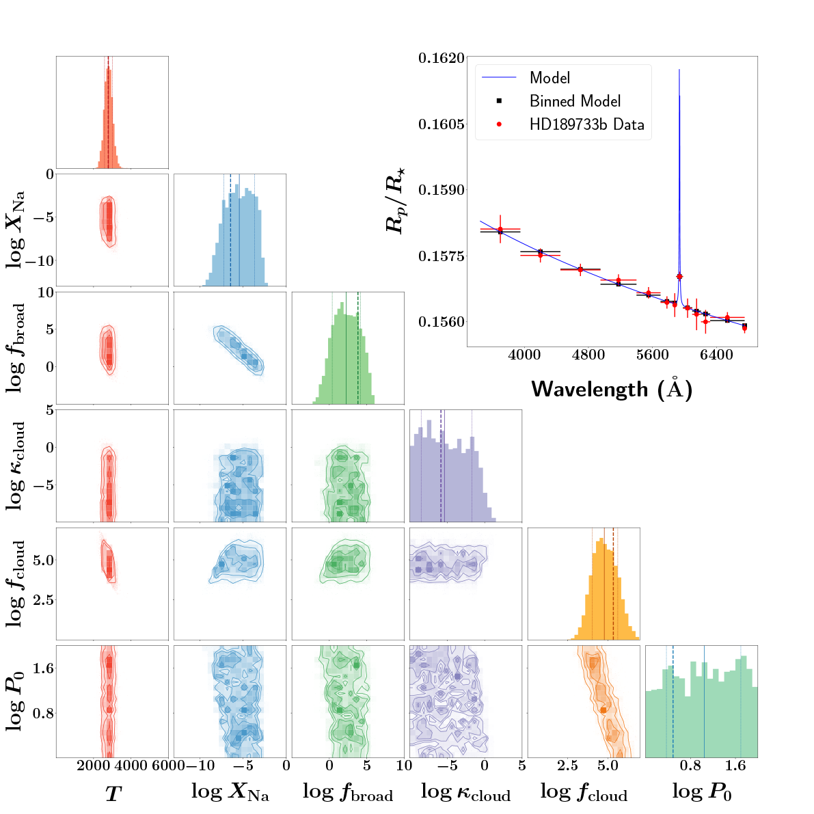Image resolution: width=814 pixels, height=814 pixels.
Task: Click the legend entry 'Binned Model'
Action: point(575,101)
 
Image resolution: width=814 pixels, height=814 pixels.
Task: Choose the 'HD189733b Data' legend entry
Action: point(586,124)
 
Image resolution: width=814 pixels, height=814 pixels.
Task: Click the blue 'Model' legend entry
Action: point(550,78)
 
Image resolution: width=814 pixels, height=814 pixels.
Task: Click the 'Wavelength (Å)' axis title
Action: point(612,388)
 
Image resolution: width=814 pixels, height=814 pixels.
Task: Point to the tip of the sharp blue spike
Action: point(679,70)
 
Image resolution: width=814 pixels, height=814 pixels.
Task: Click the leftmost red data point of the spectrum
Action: point(500,230)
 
